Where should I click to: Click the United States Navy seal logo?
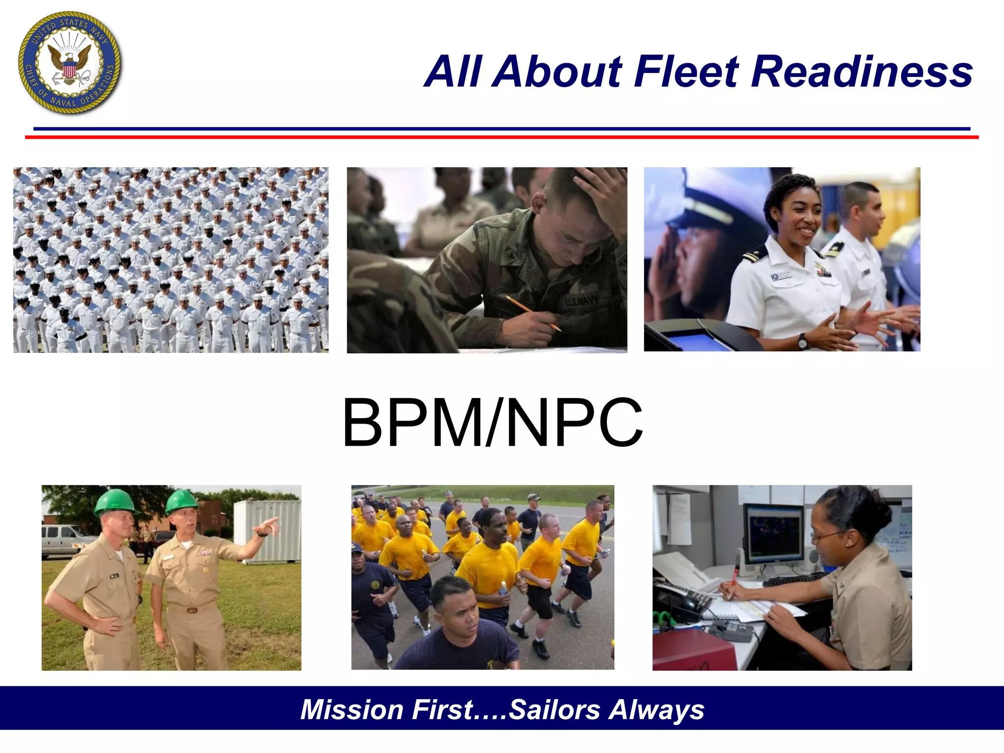(70, 63)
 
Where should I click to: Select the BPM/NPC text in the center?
(492, 423)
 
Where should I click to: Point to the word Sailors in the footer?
(554, 709)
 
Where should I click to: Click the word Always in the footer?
(656, 709)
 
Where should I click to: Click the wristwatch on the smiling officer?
(803, 341)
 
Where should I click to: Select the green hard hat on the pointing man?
(182, 501)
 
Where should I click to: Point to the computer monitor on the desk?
(774, 534)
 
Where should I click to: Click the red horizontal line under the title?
(502, 137)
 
